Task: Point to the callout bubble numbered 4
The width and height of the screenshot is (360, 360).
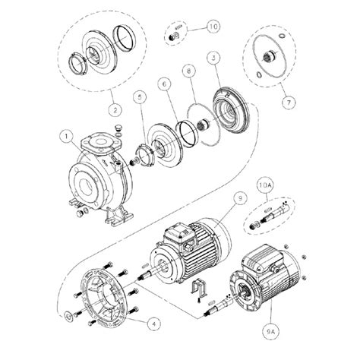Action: click(x=154, y=322)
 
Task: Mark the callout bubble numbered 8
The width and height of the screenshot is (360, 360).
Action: click(x=188, y=74)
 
